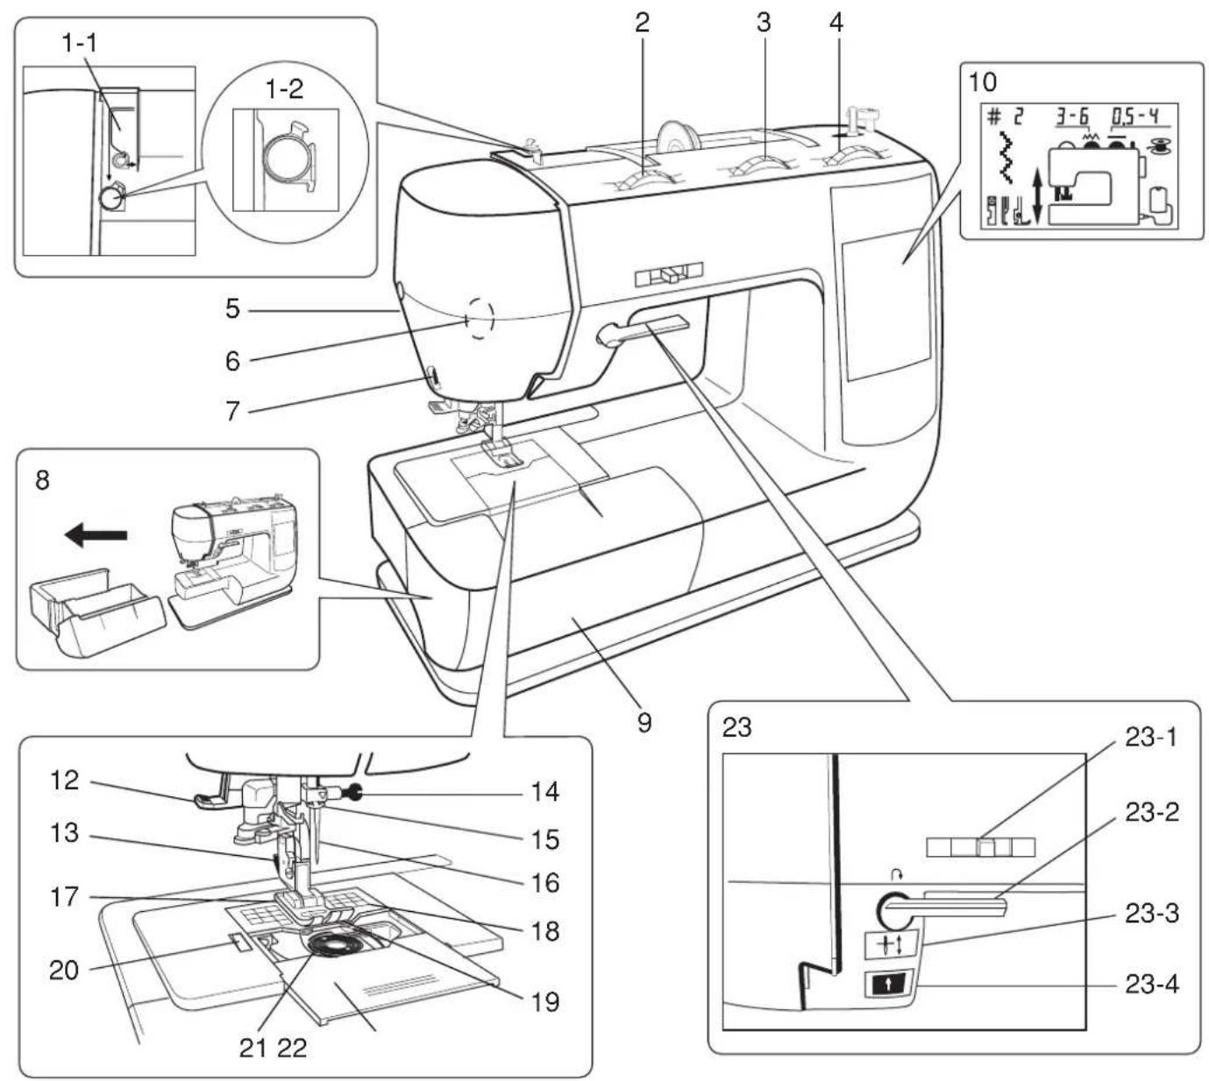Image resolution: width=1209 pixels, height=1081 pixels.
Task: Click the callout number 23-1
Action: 1151,738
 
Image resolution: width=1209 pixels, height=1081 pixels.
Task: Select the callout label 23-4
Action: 1151,985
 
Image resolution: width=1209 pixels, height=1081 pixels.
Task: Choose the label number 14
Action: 544,792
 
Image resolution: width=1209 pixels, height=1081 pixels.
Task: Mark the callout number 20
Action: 63,970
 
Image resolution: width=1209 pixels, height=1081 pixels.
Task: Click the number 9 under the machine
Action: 644,723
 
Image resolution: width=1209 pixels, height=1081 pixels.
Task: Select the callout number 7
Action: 231,410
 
